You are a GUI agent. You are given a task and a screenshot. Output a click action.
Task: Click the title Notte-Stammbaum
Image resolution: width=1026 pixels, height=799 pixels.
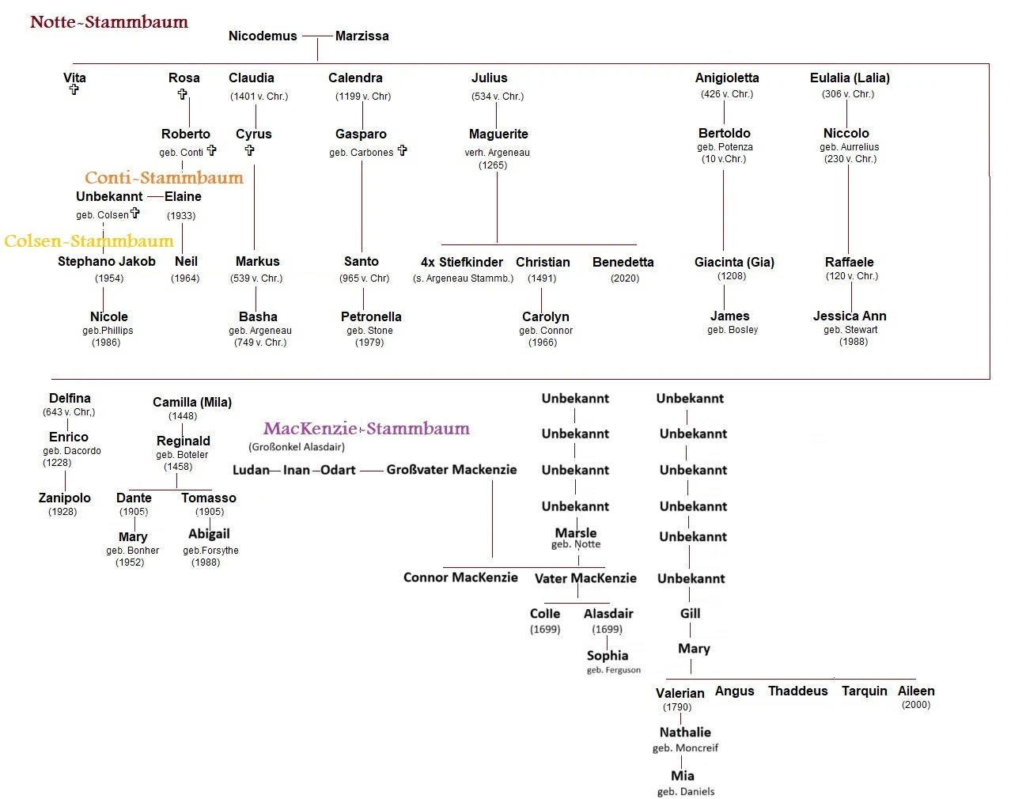click(x=109, y=22)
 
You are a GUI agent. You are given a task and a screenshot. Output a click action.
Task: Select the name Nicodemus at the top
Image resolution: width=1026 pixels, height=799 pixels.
click(x=263, y=36)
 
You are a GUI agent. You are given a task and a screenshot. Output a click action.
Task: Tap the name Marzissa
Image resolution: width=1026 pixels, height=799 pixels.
click(x=362, y=36)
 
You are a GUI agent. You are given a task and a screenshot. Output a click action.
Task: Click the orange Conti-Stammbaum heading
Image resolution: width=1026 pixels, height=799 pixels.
click(x=164, y=178)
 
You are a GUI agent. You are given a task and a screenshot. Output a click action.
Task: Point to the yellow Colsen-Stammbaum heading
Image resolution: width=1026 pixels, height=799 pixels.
click(x=89, y=241)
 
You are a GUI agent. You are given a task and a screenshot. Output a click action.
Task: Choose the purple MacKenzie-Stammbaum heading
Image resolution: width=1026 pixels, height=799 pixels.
click(x=366, y=429)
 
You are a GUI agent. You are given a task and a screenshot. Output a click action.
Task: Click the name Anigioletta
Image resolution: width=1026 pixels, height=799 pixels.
click(x=727, y=78)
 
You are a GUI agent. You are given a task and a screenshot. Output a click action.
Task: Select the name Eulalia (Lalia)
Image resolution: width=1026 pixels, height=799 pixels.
click(x=850, y=78)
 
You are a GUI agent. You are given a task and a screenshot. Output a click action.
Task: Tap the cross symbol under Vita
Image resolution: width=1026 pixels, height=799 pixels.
click(x=74, y=89)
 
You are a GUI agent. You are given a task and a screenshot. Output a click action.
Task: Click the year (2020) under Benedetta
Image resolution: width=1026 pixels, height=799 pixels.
click(x=624, y=278)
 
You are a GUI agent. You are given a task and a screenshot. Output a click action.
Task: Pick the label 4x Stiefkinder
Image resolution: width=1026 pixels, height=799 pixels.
click(x=462, y=262)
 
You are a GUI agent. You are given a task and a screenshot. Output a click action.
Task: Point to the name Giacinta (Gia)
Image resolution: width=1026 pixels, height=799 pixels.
click(x=734, y=262)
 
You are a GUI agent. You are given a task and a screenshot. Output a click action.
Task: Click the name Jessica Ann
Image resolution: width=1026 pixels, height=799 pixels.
click(x=850, y=316)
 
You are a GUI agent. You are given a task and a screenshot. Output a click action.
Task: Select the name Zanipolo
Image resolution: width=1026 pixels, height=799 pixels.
click(x=65, y=498)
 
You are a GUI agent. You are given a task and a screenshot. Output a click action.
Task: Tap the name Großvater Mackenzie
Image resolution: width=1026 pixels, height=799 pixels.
click(x=451, y=469)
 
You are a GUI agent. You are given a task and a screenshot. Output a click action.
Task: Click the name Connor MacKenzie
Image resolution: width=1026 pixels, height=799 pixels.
click(x=460, y=577)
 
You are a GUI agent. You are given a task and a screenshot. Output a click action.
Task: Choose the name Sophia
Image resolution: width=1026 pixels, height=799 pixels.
click(x=608, y=655)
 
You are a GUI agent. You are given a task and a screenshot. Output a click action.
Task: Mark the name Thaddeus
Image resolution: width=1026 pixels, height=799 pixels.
click(x=797, y=691)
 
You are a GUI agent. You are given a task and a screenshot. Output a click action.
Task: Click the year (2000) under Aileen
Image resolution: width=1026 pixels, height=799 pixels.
click(x=916, y=705)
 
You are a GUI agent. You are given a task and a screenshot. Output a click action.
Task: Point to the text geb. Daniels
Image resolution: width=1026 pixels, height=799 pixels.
click(x=685, y=791)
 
